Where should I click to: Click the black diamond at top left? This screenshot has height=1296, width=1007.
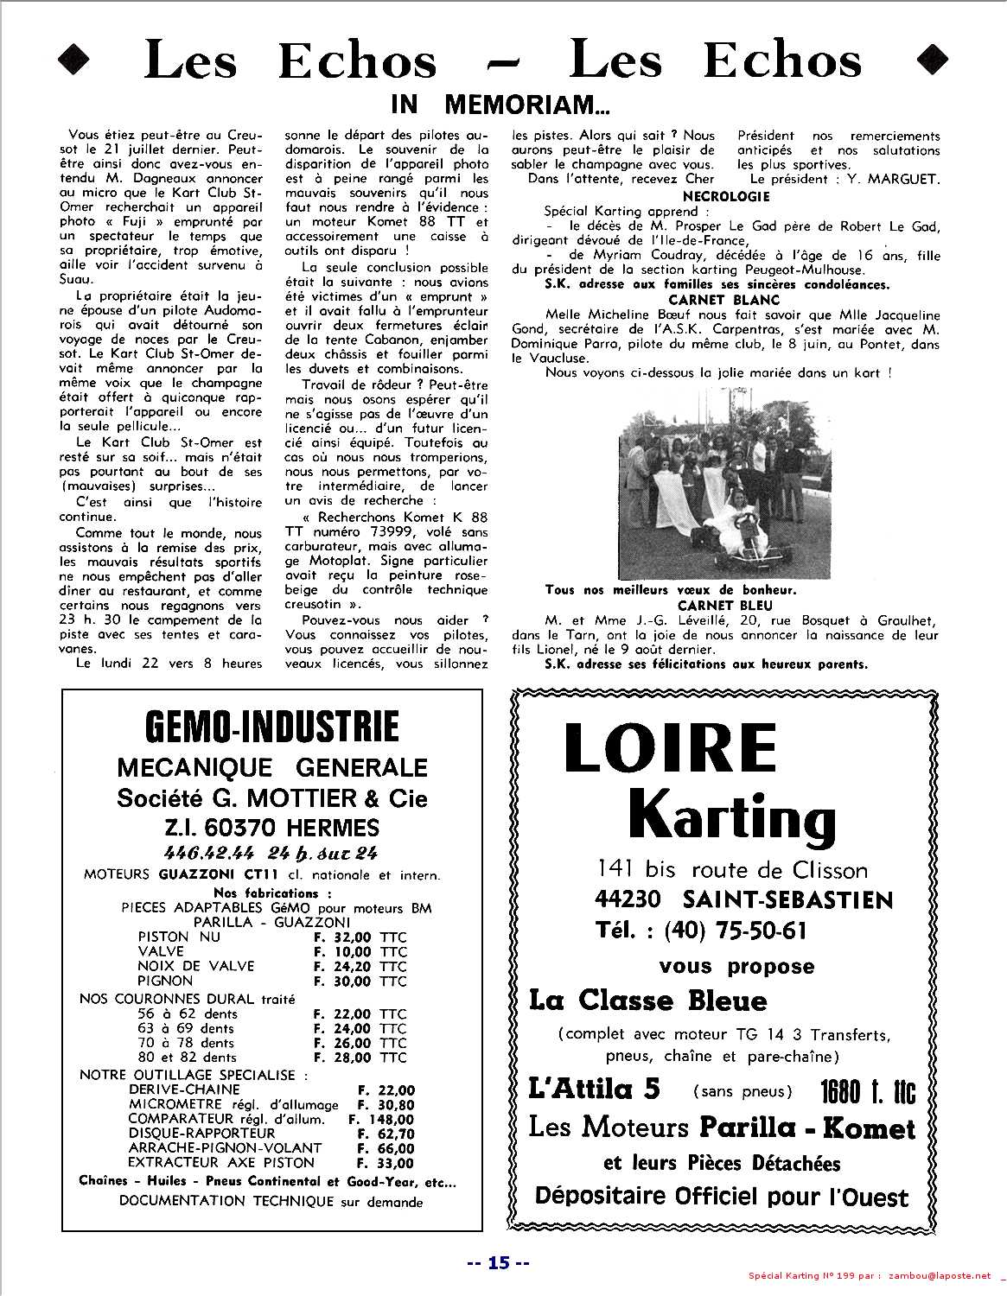74,59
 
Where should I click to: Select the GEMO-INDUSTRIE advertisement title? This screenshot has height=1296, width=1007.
272,727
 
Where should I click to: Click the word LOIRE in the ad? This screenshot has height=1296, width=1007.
670,747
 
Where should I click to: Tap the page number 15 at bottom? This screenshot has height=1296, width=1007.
498,1262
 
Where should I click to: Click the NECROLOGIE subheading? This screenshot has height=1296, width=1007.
727,197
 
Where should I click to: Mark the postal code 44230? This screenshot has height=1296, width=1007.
628,899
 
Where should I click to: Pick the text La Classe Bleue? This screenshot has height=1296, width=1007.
647,1001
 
